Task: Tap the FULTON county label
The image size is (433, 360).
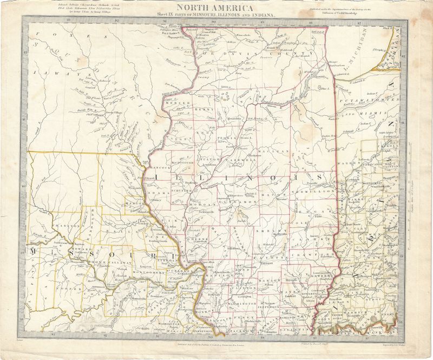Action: pyautogui.click(x=211, y=160)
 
